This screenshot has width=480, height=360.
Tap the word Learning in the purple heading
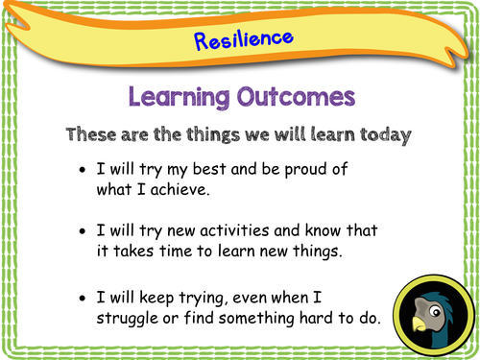175,97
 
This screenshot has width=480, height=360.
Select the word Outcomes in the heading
293,97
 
